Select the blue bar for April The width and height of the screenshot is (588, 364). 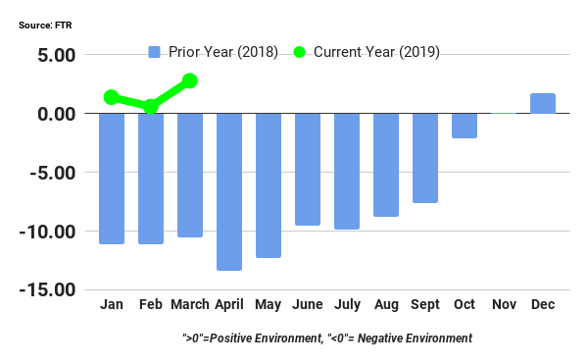click(x=229, y=191)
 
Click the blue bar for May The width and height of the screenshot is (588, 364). click(x=269, y=185)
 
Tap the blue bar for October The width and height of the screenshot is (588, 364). click(x=465, y=126)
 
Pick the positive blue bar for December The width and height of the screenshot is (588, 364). click(x=543, y=103)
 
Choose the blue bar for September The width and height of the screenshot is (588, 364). click(x=425, y=158)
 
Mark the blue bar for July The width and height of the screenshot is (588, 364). click(x=347, y=171)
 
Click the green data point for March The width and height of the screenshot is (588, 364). click(x=190, y=80)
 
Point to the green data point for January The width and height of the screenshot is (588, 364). click(x=112, y=97)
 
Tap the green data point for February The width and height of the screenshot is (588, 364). click(x=151, y=106)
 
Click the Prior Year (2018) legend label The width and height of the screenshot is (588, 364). click(x=223, y=51)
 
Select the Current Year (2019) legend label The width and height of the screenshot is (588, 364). click(x=376, y=51)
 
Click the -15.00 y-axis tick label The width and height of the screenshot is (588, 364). click(x=49, y=290)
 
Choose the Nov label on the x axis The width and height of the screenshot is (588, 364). click(x=504, y=305)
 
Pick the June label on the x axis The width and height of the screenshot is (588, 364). click(x=308, y=305)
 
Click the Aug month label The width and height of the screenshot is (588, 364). click(x=386, y=305)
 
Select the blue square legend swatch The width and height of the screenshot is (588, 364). click(x=154, y=51)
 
